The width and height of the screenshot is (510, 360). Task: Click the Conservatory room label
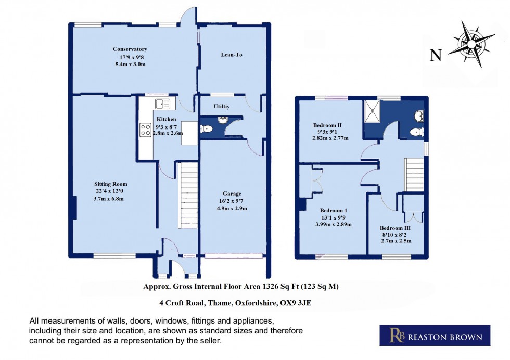click(x=130, y=49)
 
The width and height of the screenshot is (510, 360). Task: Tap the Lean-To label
click(x=232, y=55)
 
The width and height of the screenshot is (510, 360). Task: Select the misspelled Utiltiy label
click(x=222, y=106)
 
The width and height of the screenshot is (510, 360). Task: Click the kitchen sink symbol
click(x=162, y=104)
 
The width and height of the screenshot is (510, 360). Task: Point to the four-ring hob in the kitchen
click(x=145, y=130)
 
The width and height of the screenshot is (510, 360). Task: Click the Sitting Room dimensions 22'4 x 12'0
click(x=110, y=191)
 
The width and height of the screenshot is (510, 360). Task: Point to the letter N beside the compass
click(x=436, y=55)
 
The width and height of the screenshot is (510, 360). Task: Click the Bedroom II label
click(x=327, y=125)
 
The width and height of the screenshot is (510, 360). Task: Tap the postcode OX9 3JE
click(x=295, y=302)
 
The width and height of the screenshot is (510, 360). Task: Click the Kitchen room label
click(x=166, y=119)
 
